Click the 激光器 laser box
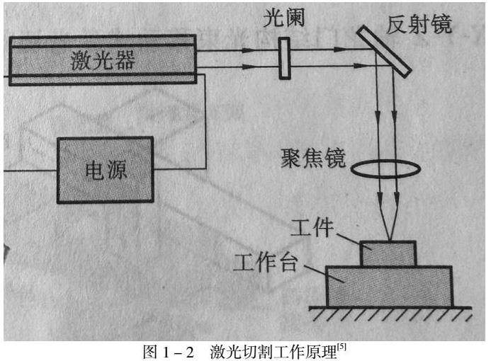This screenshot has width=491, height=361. pyautogui.click(x=103, y=61)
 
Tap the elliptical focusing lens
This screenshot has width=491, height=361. pyautogui.click(x=388, y=169)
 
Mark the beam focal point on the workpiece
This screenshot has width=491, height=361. pyautogui.click(x=388, y=240)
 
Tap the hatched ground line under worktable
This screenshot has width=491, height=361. pyautogui.click(x=390, y=312)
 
